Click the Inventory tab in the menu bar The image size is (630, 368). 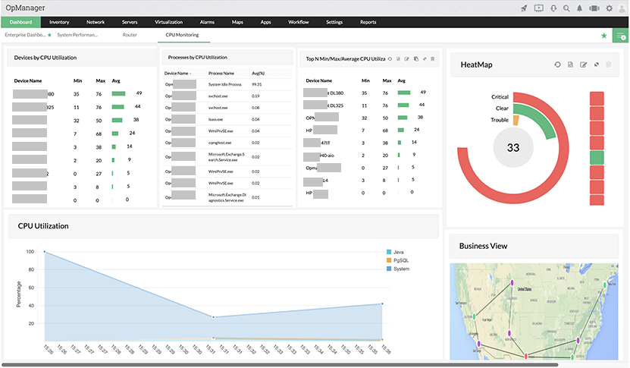pos(59,23)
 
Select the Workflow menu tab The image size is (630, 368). pos(299,23)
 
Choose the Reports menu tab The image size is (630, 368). pos(368,23)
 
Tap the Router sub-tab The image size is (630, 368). pos(130,35)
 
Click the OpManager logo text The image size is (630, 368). pos(24,7)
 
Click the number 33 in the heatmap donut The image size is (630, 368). pos(513,147)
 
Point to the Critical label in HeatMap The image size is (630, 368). pos(499,97)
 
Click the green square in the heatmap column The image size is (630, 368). pos(597,158)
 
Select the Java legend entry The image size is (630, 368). pos(397,252)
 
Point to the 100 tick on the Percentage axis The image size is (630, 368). pos(30,252)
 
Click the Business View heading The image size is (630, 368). pos(484,246)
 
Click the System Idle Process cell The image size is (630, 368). pos(225,84)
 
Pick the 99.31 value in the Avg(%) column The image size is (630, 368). pos(257,84)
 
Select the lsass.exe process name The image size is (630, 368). pos(215,119)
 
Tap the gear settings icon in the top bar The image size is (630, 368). pos(609,8)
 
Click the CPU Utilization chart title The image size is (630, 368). pos(43,226)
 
